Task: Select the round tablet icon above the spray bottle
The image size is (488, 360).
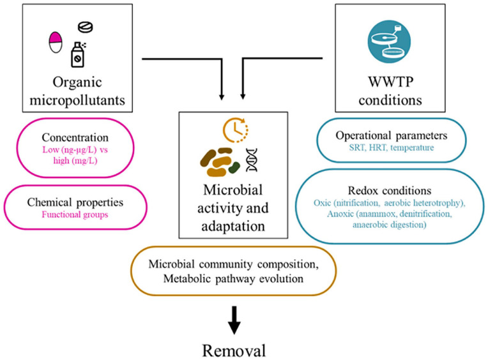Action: (x=84, y=27)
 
